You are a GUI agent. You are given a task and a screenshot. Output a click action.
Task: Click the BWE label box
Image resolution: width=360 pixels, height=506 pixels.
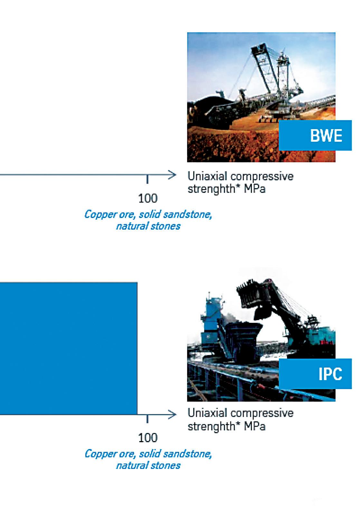click(315, 135)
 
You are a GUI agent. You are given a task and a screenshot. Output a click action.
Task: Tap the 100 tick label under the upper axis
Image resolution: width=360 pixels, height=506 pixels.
click(148, 198)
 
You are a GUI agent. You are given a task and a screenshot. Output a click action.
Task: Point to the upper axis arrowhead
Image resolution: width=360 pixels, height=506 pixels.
click(172, 175)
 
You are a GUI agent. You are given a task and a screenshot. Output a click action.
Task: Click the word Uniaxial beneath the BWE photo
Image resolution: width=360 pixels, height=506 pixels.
click(207, 176)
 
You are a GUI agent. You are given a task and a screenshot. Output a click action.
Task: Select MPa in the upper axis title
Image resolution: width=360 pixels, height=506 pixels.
click(254, 189)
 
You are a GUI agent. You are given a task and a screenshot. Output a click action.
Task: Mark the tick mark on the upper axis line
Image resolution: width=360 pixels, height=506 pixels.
click(147, 179)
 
